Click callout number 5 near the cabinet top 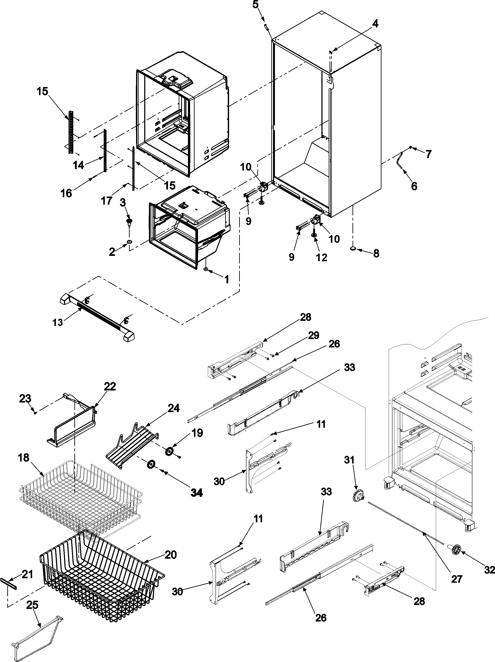255,5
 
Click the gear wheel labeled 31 358,498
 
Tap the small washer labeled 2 129,242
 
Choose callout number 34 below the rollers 197,492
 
